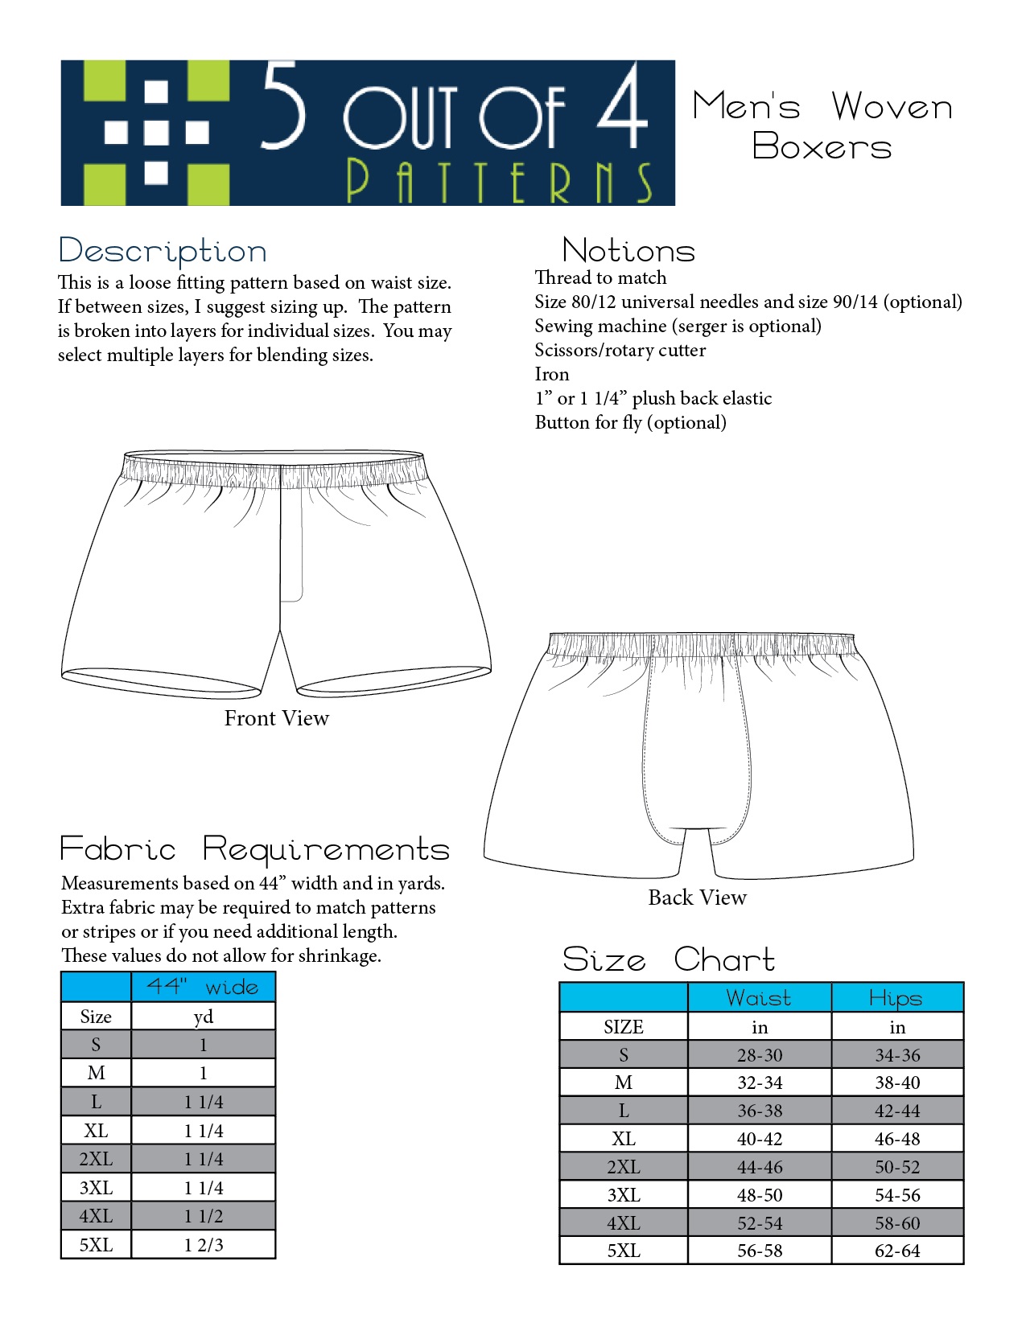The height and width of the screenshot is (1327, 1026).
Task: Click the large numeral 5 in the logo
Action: [x=283, y=107]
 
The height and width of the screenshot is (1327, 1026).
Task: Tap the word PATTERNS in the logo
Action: [x=499, y=183]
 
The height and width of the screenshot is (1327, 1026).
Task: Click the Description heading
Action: [x=163, y=251]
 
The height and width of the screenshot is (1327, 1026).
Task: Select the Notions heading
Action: [x=628, y=251]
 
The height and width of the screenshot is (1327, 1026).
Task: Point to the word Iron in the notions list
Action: [x=552, y=374]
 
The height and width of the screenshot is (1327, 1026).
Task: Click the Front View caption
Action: [x=276, y=718]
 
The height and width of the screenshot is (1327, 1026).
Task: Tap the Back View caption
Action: [x=697, y=898]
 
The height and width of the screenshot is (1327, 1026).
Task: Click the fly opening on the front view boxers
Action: [x=291, y=543]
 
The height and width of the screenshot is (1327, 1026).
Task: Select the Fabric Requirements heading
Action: [x=254, y=849]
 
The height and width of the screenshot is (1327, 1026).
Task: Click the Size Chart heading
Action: [x=668, y=959]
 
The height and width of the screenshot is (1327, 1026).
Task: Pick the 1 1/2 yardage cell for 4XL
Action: [x=204, y=1216]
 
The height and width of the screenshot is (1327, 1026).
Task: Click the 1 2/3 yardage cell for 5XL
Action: [x=204, y=1245]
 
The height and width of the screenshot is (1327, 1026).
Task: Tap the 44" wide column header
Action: [x=203, y=987]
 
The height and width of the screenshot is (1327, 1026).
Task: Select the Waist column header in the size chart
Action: [x=759, y=998]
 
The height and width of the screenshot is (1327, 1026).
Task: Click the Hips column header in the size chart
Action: [x=896, y=998]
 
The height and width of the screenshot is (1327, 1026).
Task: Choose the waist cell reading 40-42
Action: [x=759, y=1139]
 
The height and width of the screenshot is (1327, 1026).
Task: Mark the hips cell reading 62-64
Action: [x=896, y=1251]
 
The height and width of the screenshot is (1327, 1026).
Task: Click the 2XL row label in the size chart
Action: [x=624, y=1167]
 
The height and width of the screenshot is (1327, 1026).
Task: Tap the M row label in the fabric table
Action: [x=96, y=1073]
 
